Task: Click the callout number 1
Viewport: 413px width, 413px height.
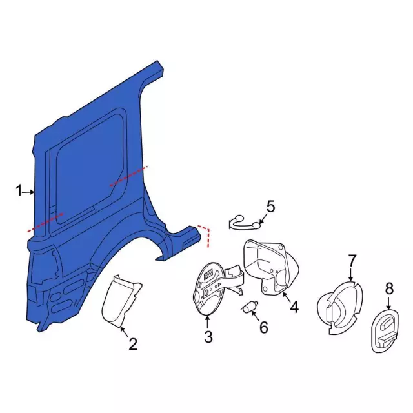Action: (19, 191)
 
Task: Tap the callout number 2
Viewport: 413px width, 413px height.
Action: (134, 344)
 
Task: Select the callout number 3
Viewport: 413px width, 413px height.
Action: (208, 337)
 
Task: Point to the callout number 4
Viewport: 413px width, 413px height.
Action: (294, 307)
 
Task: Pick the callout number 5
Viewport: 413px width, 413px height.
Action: (271, 206)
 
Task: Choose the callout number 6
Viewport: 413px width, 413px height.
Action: (264, 327)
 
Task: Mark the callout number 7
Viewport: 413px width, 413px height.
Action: (352, 260)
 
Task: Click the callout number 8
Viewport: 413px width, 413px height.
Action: (389, 288)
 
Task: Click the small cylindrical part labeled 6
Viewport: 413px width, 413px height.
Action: (248, 307)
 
